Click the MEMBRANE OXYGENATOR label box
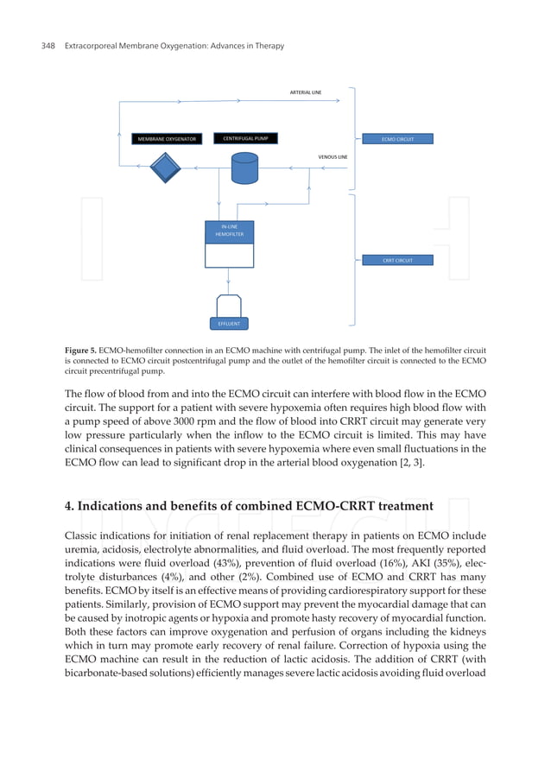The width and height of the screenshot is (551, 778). (167, 139)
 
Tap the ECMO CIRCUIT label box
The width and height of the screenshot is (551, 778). (395, 139)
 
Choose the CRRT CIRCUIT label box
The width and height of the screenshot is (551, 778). (395, 260)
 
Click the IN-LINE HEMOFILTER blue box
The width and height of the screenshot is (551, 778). (229, 231)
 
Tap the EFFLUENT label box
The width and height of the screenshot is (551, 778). (229, 324)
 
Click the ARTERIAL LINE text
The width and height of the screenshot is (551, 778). (306, 92)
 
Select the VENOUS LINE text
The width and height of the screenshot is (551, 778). (332, 157)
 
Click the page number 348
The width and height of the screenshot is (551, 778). (49, 45)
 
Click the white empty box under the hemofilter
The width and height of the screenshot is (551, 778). (229, 256)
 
